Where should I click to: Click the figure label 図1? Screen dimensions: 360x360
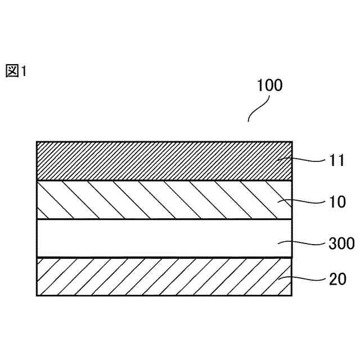point(16,71)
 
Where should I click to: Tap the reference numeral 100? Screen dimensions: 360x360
point(269,85)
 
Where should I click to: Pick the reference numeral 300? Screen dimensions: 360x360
point(341,243)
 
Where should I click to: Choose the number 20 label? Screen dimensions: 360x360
point(337,279)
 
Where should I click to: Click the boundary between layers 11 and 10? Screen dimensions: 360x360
point(163,180)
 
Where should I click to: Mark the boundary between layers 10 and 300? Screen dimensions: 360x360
point(163,219)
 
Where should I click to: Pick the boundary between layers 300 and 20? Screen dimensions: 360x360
point(163,258)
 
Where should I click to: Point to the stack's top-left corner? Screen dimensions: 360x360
point(37,142)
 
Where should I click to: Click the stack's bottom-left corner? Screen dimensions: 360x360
point(37,295)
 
